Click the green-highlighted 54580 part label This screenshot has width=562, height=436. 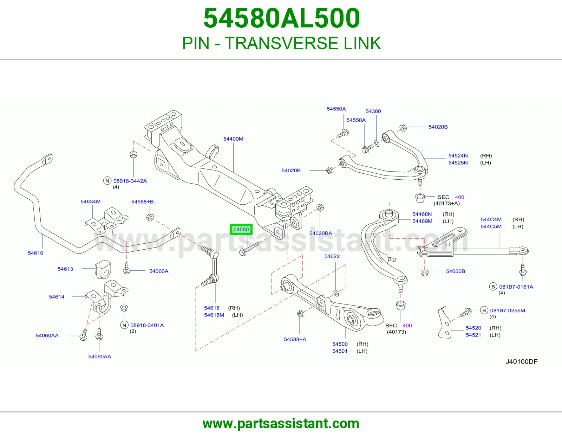[241, 229]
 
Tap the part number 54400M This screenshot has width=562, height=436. [233, 139]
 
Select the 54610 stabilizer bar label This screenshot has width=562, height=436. [35, 253]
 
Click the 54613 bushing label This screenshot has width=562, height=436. [65, 269]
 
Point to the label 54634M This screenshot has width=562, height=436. [91, 201]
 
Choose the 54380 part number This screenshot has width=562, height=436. [373, 111]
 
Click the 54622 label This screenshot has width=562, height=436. [332, 256]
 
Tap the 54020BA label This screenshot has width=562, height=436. [321, 233]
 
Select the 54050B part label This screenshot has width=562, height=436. [456, 271]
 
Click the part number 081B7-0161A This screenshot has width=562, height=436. [516, 287]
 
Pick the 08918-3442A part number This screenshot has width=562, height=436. [130, 181]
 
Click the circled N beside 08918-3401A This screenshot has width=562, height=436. [124, 325]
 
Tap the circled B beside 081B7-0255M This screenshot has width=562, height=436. [484, 310]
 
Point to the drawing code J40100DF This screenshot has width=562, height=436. [521, 361]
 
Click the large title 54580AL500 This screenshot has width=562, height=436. [282, 18]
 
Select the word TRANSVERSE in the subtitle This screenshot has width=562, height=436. [281, 43]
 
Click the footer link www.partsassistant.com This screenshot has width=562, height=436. [281, 424]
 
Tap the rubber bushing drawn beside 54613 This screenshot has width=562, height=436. [103, 269]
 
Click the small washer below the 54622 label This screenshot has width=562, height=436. [336, 293]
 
